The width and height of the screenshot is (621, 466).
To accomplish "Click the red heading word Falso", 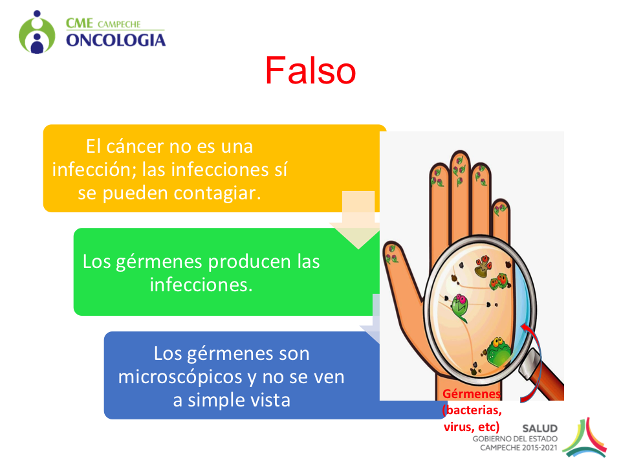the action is [310, 71].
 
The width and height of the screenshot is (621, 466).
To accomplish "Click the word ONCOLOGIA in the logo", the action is [116, 40].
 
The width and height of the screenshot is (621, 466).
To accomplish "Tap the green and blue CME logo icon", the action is [37, 32].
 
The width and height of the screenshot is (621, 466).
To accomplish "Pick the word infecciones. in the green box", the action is [201, 285].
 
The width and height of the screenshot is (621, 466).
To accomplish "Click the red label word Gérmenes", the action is [472, 394].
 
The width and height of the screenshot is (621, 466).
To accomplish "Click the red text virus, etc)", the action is [472, 427].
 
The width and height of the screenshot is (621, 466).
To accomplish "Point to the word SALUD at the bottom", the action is [539, 428].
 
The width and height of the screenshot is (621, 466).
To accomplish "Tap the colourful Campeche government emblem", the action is [585, 438].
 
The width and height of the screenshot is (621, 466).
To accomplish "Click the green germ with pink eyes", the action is [460, 307].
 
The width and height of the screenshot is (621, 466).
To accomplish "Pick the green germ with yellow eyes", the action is [499, 351].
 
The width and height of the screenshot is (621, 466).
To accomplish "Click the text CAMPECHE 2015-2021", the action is [519, 448].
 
